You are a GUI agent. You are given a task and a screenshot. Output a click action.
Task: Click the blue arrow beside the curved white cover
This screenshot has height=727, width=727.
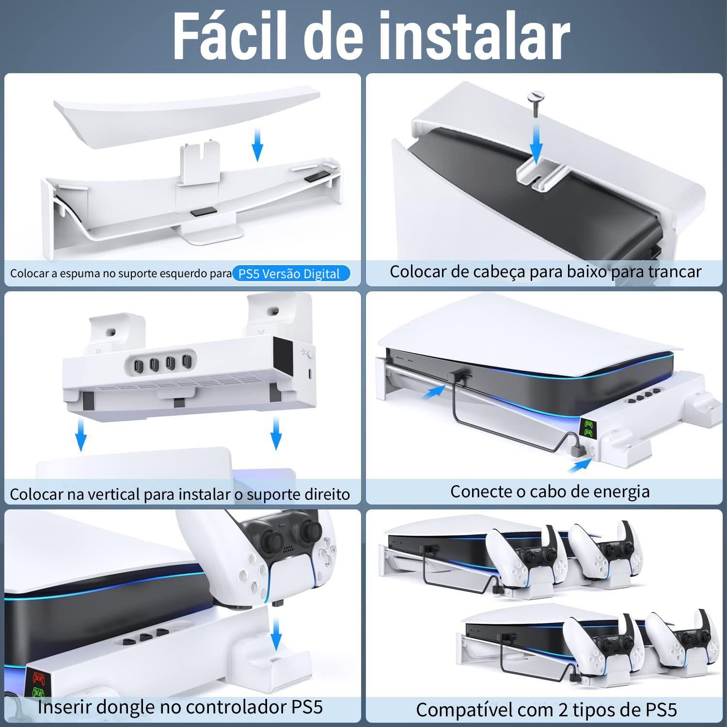[258, 144]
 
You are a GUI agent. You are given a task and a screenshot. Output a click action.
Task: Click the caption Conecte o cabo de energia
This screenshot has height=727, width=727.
[550, 491]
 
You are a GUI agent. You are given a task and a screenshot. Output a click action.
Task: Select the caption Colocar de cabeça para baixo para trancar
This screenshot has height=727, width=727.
[545, 271]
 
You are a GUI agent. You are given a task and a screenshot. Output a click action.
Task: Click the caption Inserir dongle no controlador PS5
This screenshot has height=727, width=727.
[180, 707]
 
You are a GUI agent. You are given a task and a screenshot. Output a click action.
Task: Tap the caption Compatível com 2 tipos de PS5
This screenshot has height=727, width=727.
[546, 710]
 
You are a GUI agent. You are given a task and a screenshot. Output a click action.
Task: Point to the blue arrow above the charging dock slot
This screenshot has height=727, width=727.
[276, 635]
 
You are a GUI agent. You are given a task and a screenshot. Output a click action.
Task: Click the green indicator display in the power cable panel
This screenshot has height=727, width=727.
[588, 428]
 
